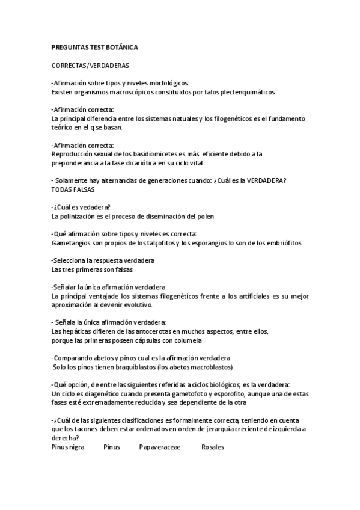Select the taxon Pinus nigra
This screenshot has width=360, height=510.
pyautogui.click(x=69, y=447)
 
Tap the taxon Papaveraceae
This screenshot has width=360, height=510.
pyautogui.click(x=159, y=447)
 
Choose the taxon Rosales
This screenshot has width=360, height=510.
pyautogui.click(x=213, y=447)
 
